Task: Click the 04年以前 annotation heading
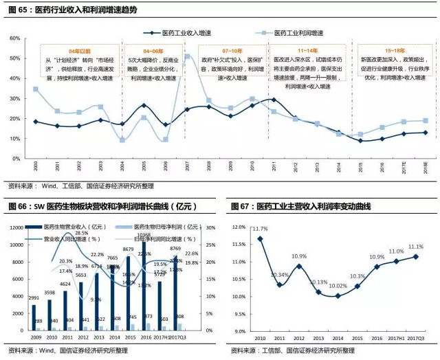(80, 51)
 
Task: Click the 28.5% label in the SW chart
(81, 234)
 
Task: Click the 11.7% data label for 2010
(259, 229)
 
